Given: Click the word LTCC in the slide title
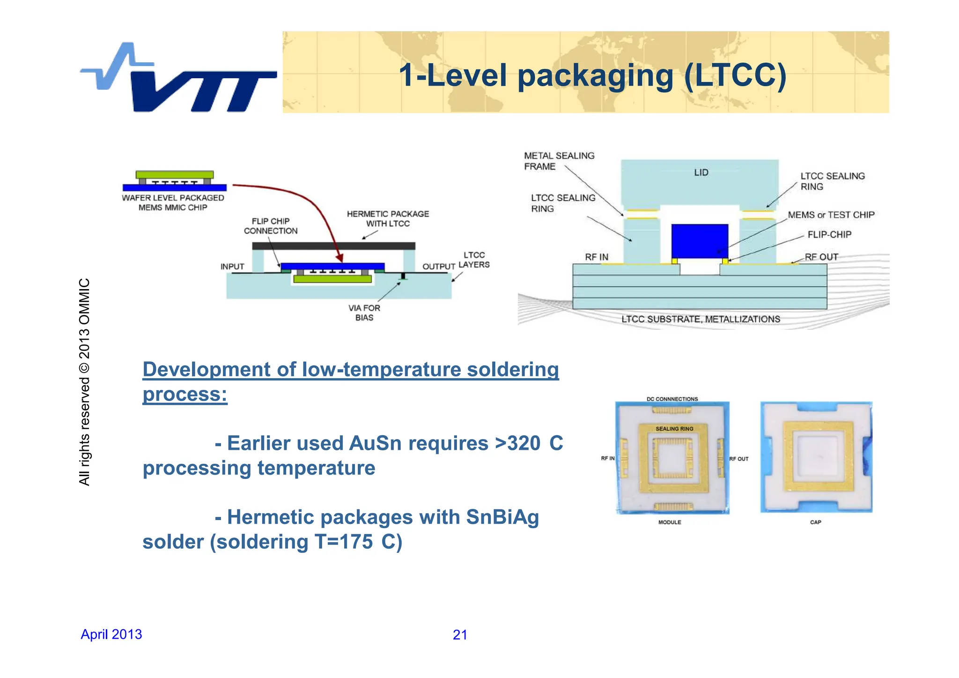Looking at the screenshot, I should (733, 75).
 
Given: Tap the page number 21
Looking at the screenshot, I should (460, 635).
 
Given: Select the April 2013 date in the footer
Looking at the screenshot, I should (111, 634).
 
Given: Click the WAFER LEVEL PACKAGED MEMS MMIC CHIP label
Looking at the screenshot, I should (173, 203).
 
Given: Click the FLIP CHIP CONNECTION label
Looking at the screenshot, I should (271, 226).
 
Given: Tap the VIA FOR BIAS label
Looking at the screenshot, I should (364, 313).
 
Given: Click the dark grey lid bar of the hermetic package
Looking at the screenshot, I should (333, 246).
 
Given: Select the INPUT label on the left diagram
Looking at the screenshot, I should (232, 267).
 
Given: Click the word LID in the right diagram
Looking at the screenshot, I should (701, 172).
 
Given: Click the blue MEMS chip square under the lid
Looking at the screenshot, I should (700, 241).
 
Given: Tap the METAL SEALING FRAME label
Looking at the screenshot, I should (559, 161).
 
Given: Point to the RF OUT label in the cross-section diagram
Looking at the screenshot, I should (821, 257).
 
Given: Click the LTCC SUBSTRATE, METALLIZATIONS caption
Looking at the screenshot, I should (701, 319).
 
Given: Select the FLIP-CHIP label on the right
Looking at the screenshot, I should (829, 234).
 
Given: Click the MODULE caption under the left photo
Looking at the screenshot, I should (670, 522).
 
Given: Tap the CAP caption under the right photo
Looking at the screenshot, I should (815, 522).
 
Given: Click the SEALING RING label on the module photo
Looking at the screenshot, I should (674, 429).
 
